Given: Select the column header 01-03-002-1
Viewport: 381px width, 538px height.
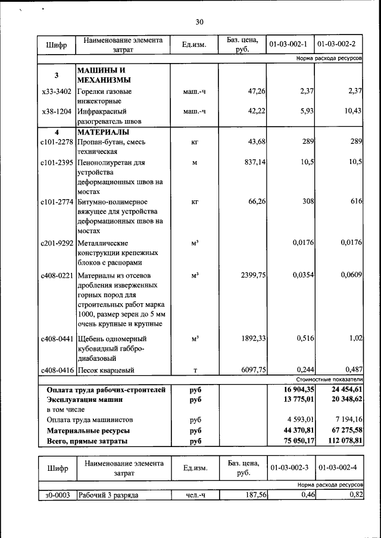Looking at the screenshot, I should point(288,45).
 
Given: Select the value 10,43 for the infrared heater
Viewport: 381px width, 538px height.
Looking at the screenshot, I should point(352,111).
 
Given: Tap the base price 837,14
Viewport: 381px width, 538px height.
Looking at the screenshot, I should point(253,162).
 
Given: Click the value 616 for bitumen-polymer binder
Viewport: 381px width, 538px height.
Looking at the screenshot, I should point(356,202).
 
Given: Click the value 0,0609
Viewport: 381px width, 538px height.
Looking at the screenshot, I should point(351,275).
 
